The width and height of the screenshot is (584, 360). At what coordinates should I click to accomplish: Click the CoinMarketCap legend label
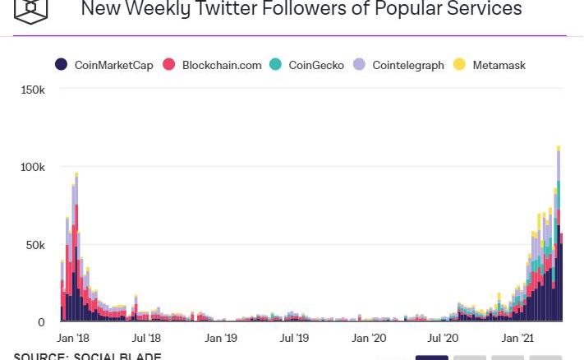(x=113, y=65)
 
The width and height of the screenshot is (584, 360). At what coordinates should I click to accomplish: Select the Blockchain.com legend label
(x=222, y=65)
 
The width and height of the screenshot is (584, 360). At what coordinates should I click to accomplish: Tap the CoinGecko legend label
(x=316, y=65)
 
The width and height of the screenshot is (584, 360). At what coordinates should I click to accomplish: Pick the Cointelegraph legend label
(x=407, y=65)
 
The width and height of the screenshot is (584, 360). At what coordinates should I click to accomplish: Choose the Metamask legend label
(x=499, y=65)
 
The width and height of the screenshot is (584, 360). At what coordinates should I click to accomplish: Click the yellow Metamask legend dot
(x=459, y=64)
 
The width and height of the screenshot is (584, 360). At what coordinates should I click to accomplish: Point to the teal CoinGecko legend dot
(x=276, y=64)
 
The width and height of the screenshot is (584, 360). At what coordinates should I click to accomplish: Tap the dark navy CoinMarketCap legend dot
(x=61, y=64)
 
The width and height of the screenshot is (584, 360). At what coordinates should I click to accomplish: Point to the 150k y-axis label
(x=33, y=89)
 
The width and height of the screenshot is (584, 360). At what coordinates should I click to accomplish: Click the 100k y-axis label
(x=33, y=167)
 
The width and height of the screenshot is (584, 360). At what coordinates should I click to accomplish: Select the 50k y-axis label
(x=35, y=245)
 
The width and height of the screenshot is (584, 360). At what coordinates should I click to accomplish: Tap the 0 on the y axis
(x=41, y=322)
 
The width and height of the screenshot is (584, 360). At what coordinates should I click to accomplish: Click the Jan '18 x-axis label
(x=73, y=338)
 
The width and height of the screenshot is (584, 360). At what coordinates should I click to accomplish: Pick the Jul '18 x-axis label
(x=146, y=338)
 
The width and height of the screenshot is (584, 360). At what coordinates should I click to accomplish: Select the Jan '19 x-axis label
(x=220, y=338)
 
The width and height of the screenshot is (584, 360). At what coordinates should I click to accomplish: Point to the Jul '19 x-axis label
(x=294, y=338)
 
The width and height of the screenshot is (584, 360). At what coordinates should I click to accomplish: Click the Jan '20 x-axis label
(x=369, y=338)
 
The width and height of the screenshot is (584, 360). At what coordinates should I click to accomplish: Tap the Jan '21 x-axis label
(x=517, y=338)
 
